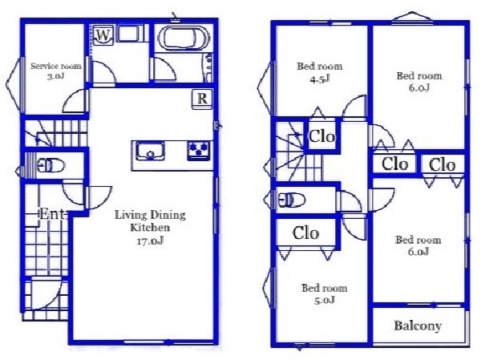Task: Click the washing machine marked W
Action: point(103,35)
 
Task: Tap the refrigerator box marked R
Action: point(202,99)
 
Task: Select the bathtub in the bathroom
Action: point(183,38)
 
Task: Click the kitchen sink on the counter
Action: point(150,151)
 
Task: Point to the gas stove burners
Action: point(199,151)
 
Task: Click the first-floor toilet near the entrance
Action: point(51,166)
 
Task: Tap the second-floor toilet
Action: point(292,200)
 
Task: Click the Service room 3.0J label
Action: point(56,71)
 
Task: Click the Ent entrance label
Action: point(52,213)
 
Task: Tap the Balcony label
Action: point(418,326)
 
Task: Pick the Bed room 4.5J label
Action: point(320,73)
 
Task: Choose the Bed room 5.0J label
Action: point(324,293)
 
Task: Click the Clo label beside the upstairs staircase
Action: point(321,136)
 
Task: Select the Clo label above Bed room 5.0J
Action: point(306,233)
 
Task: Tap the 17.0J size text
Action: point(150,241)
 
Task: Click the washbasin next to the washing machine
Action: point(128,34)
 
